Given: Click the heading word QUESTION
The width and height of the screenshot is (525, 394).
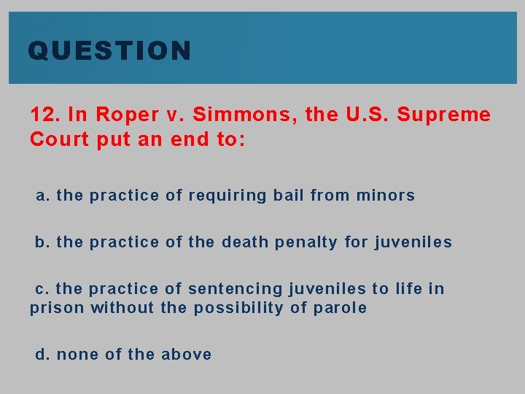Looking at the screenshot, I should [x=109, y=51].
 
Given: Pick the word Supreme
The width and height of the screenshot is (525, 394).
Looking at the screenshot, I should [x=446, y=115].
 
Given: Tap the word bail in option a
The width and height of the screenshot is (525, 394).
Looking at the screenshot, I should [x=289, y=196].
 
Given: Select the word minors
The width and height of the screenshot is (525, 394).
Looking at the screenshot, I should [x=385, y=196].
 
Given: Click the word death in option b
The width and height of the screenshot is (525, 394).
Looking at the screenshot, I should [x=245, y=242].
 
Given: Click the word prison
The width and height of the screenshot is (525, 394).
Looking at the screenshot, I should [x=57, y=308].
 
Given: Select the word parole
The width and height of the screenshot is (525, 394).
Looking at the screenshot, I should [x=340, y=308].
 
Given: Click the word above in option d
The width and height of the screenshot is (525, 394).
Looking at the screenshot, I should [x=187, y=355].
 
